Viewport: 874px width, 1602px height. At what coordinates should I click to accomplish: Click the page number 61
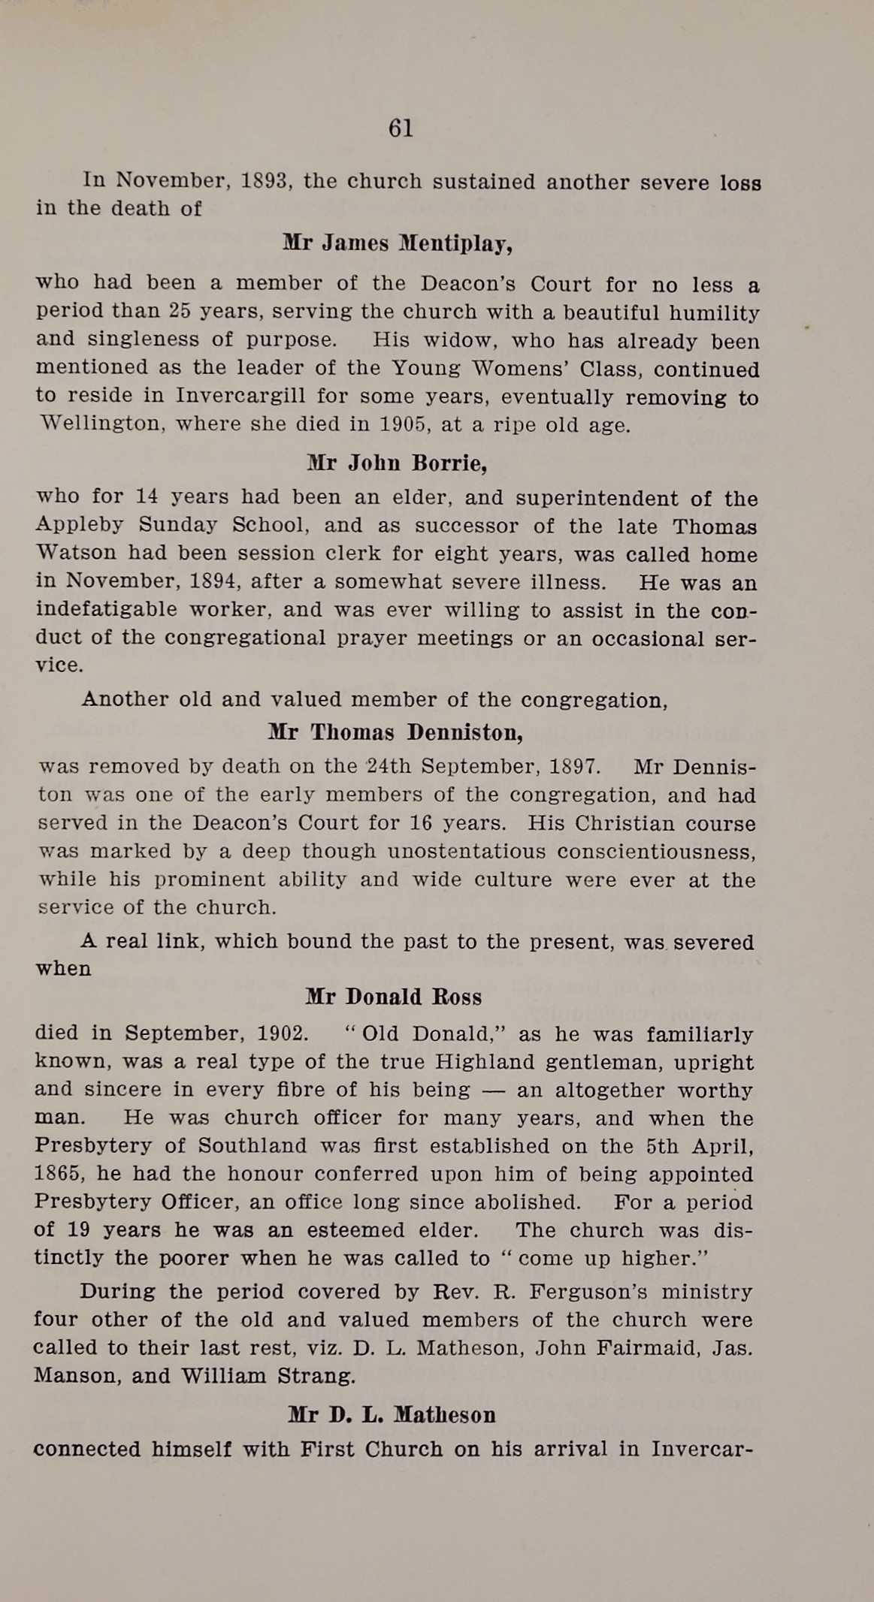coord(401,129)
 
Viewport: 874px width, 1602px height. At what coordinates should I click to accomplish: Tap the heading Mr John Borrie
coord(398,463)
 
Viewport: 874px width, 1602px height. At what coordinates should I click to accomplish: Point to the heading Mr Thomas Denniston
coord(395,732)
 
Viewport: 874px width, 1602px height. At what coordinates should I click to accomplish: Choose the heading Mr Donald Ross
coord(394,997)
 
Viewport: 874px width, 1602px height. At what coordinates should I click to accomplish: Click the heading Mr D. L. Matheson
coord(392,1416)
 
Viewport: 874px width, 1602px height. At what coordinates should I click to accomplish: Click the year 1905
coord(404,425)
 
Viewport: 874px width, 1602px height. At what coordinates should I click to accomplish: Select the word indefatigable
coord(107,610)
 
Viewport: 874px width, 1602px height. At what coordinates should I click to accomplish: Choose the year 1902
coord(282,1033)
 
